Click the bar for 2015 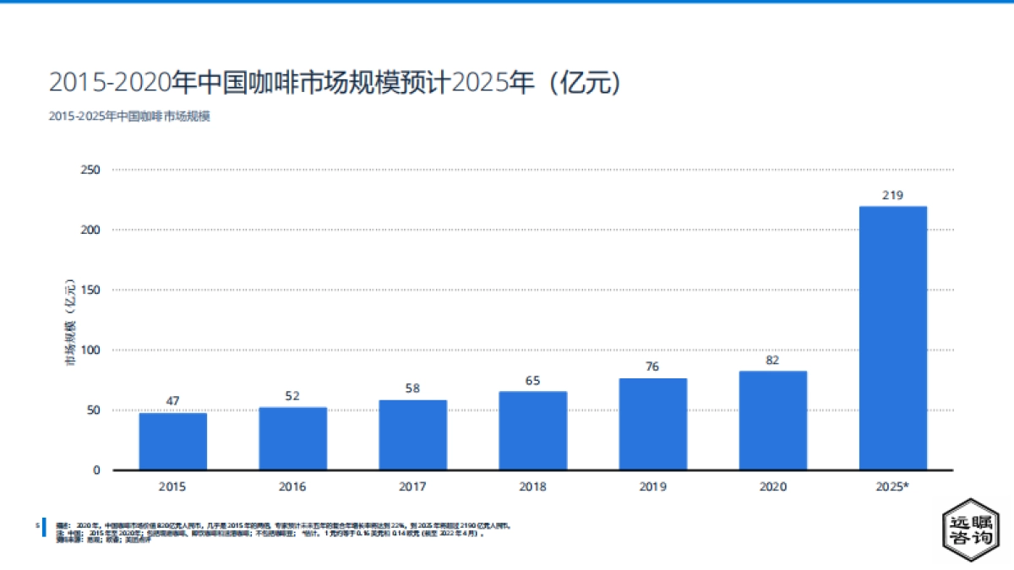[x=172, y=441]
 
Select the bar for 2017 [x=412, y=435]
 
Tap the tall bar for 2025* [x=892, y=338]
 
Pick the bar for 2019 [x=652, y=424]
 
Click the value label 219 [x=892, y=195]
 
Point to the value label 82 [x=772, y=361]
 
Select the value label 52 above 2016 [x=292, y=396]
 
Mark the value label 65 [x=532, y=381]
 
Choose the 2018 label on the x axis [x=532, y=487]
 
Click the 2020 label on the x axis [x=772, y=487]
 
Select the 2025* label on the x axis [x=892, y=487]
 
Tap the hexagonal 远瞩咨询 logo [x=970, y=533]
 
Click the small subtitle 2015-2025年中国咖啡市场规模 [x=129, y=117]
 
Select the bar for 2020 [x=772, y=421]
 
